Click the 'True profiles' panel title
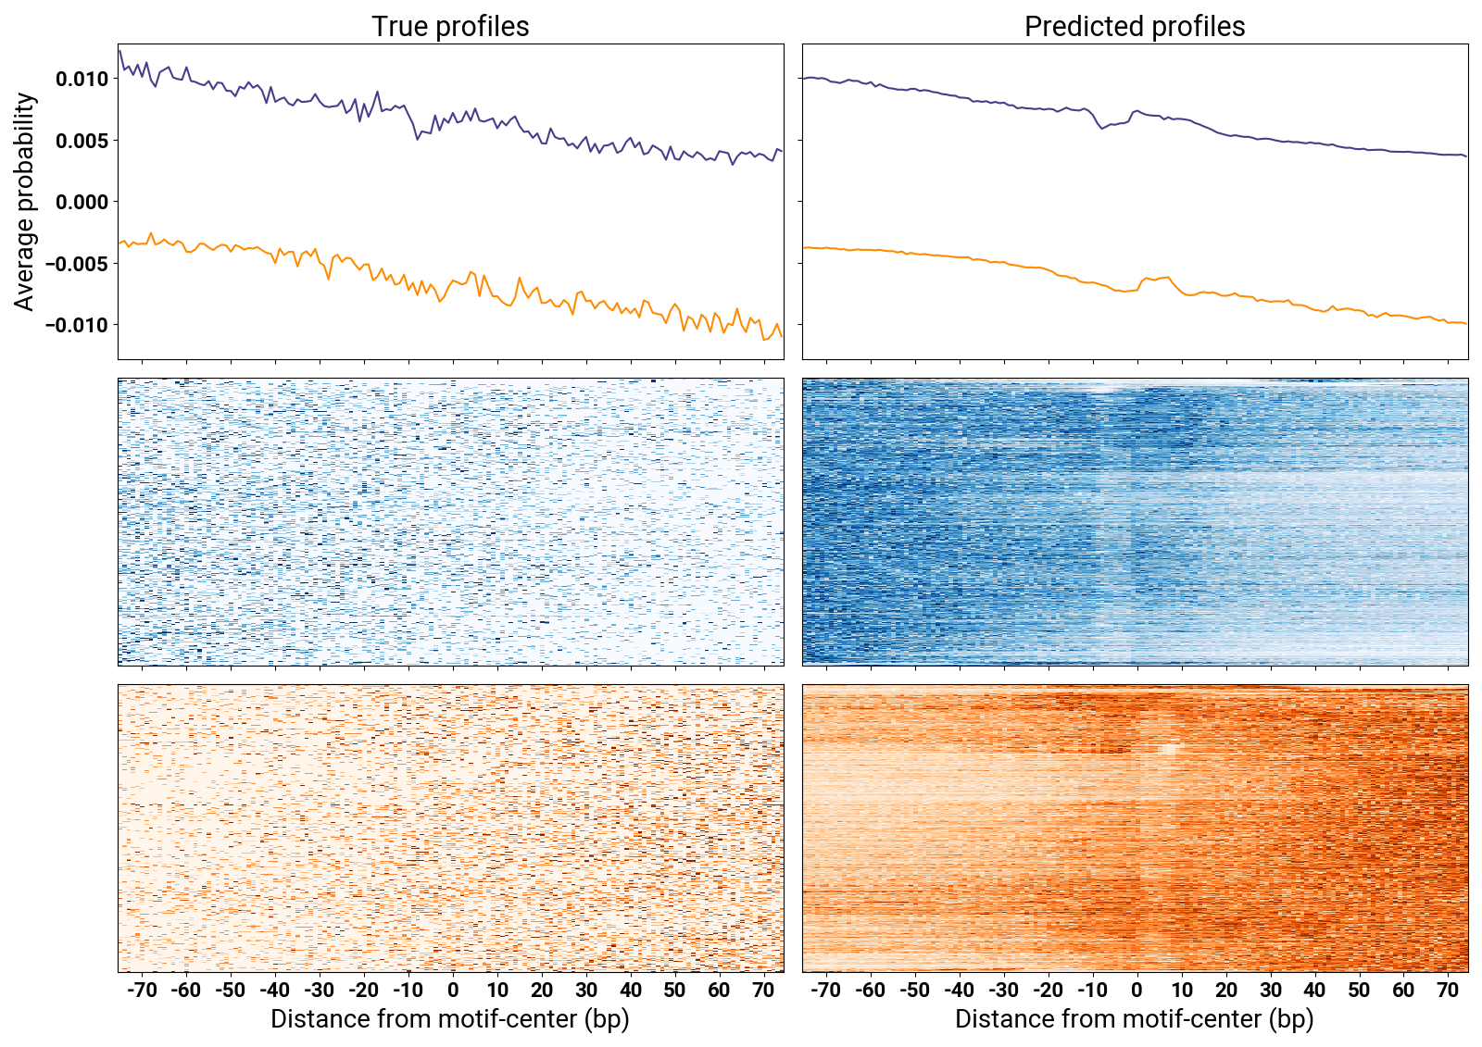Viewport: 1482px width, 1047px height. (450, 26)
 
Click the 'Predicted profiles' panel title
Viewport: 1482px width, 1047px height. (1135, 26)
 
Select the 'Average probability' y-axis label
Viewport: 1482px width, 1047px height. (25, 202)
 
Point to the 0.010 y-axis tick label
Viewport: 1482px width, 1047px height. (82, 80)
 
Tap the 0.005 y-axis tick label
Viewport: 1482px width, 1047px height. (82, 141)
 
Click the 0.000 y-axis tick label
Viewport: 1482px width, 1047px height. (82, 202)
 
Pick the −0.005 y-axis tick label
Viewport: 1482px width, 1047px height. (78, 264)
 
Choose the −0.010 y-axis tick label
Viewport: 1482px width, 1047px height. (78, 325)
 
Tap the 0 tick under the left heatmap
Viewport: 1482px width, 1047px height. (453, 990)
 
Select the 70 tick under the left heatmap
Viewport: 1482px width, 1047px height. (763, 990)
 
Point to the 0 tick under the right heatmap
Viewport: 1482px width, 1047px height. (1137, 990)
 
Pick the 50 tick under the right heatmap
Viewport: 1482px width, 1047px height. (1359, 990)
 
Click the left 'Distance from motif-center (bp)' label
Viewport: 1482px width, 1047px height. (450, 1019)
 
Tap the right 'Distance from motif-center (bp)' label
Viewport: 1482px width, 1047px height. (1135, 1019)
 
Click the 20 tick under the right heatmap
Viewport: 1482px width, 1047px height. (1225, 990)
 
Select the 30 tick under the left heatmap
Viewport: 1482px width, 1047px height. (585, 990)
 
